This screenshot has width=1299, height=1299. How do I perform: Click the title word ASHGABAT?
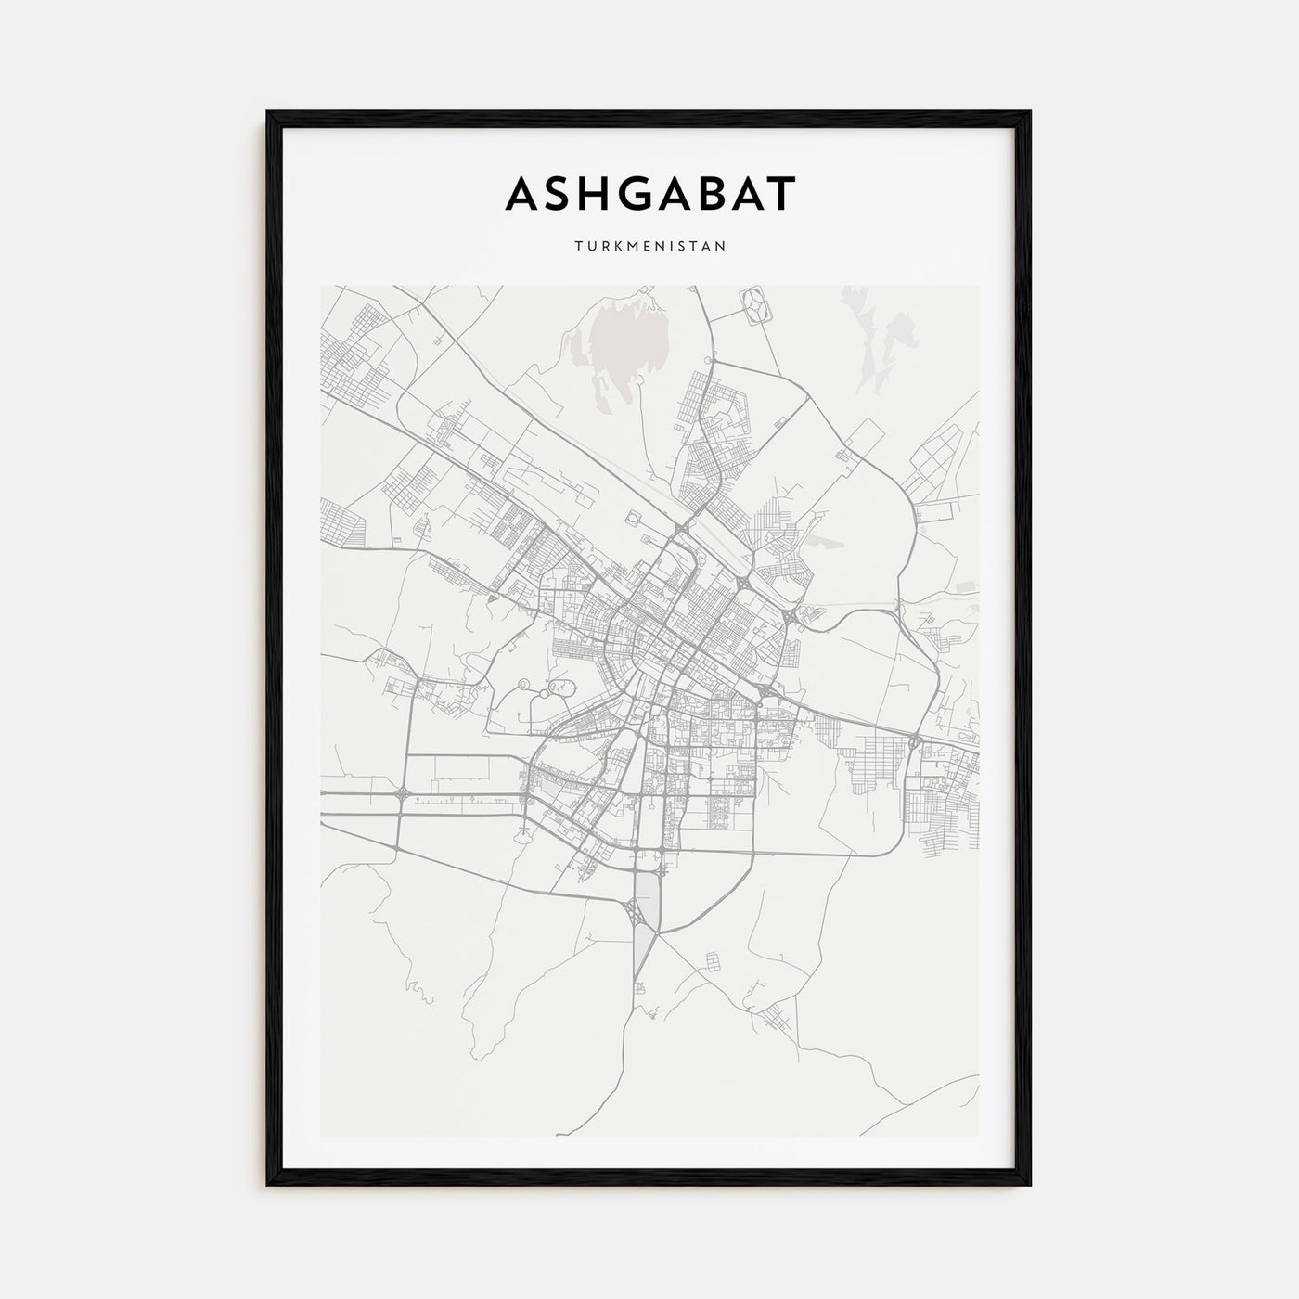click(x=649, y=194)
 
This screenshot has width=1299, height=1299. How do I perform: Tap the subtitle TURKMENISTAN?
click(x=649, y=247)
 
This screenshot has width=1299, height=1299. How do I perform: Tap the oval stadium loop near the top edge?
click(x=757, y=305)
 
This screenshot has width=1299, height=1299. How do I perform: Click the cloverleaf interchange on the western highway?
click(x=401, y=795)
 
